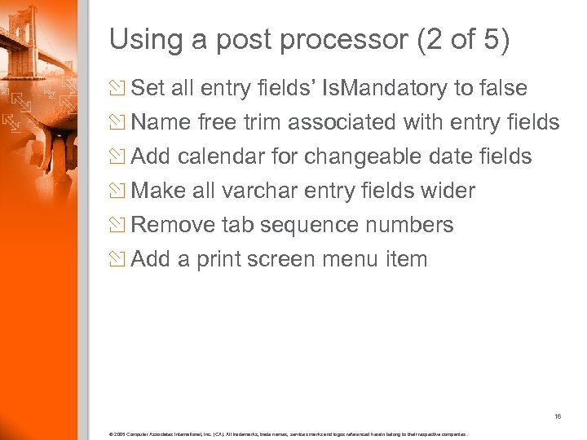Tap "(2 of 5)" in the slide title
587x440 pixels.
(x=462, y=41)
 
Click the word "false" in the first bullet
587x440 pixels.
(x=502, y=88)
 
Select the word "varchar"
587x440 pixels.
(x=261, y=191)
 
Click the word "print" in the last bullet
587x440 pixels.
(x=220, y=260)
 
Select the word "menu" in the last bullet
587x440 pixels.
(x=353, y=260)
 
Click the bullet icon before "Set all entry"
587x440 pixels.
(x=119, y=88)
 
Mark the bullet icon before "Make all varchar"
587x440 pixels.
(x=119, y=191)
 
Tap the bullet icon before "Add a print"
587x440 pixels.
(x=119, y=260)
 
